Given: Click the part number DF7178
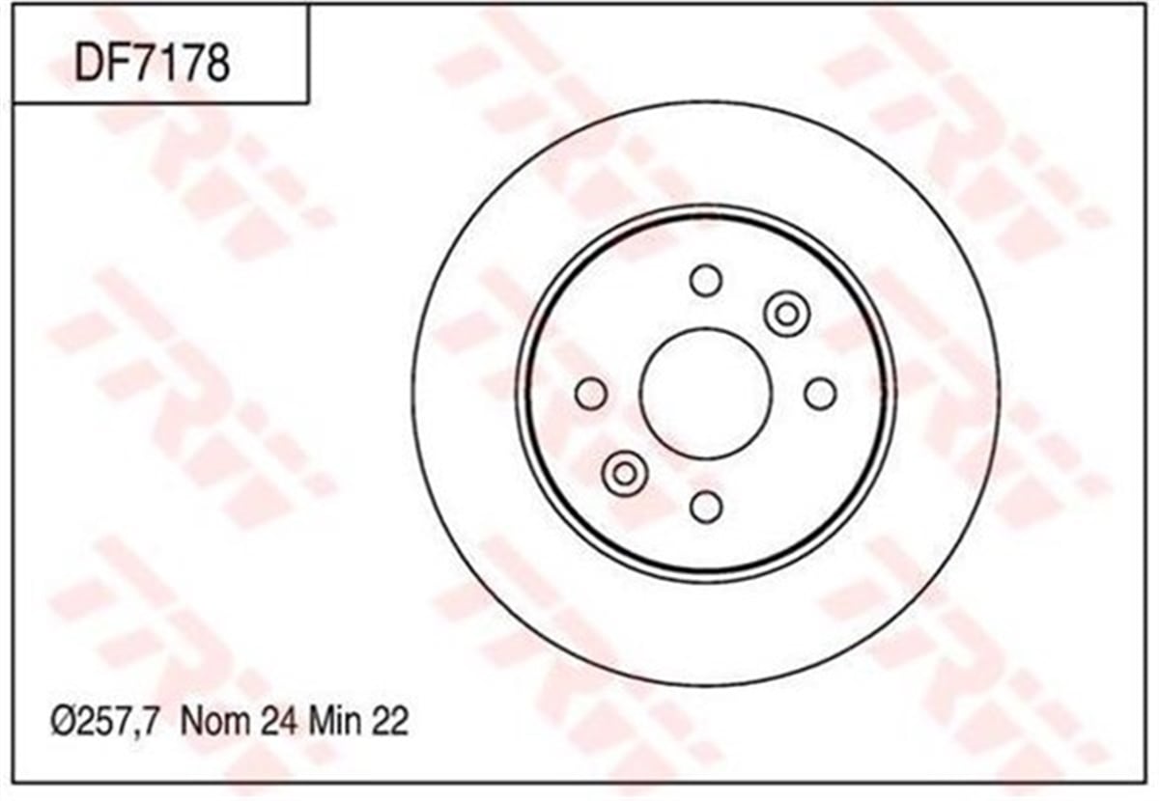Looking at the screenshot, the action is point(153,64).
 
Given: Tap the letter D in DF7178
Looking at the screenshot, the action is point(89,64).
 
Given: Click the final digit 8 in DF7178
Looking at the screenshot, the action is point(215,64).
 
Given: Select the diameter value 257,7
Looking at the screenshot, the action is point(118,722).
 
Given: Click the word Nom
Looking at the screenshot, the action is point(214,721).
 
